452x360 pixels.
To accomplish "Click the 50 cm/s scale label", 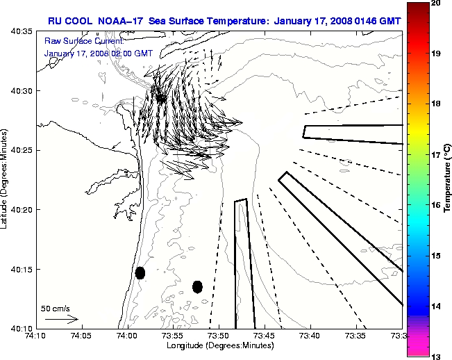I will tap(55, 309).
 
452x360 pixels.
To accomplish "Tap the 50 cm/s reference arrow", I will tap(61, 319).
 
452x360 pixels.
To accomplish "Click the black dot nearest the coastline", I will tap(140, 272).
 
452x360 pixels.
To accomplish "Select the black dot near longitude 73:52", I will tap(197, 286).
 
